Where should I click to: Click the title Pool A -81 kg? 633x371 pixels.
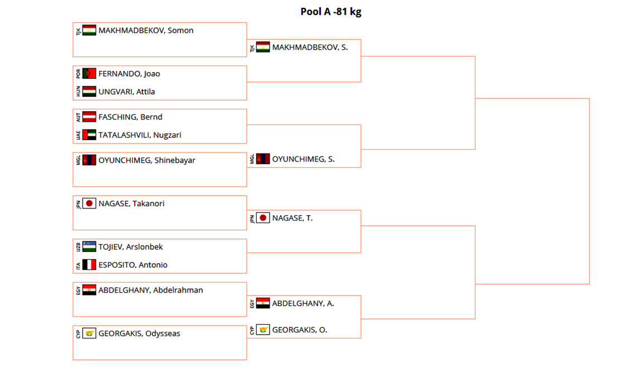click(330, 12)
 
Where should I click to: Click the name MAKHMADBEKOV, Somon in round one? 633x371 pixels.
click(146, 31)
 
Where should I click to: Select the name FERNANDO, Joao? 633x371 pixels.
click(129, 74)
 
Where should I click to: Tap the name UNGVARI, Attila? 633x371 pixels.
click(127, 92)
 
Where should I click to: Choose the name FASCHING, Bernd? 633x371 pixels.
click(130, 117)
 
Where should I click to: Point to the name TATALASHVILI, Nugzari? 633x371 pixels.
click(140, 135)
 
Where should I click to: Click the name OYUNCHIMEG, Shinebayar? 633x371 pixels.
click(147, 160)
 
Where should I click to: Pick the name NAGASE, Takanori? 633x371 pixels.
click(131, 204)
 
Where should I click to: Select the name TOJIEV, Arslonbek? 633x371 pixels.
click(131, 247)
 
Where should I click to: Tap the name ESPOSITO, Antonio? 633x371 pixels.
click(133, 265)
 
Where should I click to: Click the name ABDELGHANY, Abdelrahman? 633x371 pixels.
click(151, 290)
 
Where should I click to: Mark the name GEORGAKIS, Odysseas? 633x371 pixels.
click(139, 334)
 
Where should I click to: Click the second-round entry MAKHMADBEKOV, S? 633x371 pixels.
click(310, 47)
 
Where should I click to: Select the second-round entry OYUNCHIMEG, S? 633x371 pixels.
click(303, 159)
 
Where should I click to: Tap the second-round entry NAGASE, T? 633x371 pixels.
click(292, 218)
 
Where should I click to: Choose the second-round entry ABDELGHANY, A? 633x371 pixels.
click(303, 303)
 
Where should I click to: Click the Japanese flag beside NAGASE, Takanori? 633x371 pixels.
click(89, 204)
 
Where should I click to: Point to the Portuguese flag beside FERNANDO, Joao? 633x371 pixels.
click(89, 74)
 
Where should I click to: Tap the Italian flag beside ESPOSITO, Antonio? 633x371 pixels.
click(89, 265)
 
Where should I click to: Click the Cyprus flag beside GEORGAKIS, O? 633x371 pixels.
click(263, 330)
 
